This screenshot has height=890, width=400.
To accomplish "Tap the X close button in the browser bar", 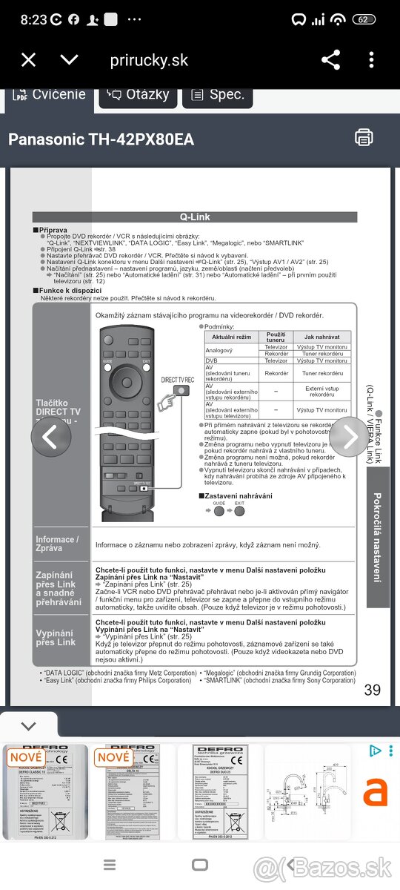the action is click(28, 60).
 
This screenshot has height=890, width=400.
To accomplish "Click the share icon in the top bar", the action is click(330, 60).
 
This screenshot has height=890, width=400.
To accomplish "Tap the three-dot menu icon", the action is click(372, 60).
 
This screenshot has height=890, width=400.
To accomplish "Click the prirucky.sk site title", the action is click(149, 61).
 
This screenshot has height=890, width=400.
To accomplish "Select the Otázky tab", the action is click(139, 95).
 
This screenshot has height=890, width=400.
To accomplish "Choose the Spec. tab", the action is click(218, 95).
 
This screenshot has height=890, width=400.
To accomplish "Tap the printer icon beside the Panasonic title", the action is click(364, 137).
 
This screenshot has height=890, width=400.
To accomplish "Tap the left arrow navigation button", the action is click(50, 438).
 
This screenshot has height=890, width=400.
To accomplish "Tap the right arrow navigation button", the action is click(349, 438).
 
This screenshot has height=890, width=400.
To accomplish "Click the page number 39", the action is click(373, 690).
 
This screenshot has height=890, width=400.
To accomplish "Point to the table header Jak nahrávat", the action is click(322, 336).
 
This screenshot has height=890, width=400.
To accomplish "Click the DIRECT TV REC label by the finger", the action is click(178, 380).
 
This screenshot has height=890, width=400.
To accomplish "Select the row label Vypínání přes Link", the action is click(56, 637).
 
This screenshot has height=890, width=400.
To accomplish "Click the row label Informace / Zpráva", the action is click(56, 544).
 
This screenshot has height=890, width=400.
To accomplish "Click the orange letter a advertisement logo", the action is click(375, 792).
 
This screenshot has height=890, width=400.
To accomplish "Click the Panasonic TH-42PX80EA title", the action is click(101, 139).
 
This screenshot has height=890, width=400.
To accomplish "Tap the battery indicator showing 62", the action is click(364, 19).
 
